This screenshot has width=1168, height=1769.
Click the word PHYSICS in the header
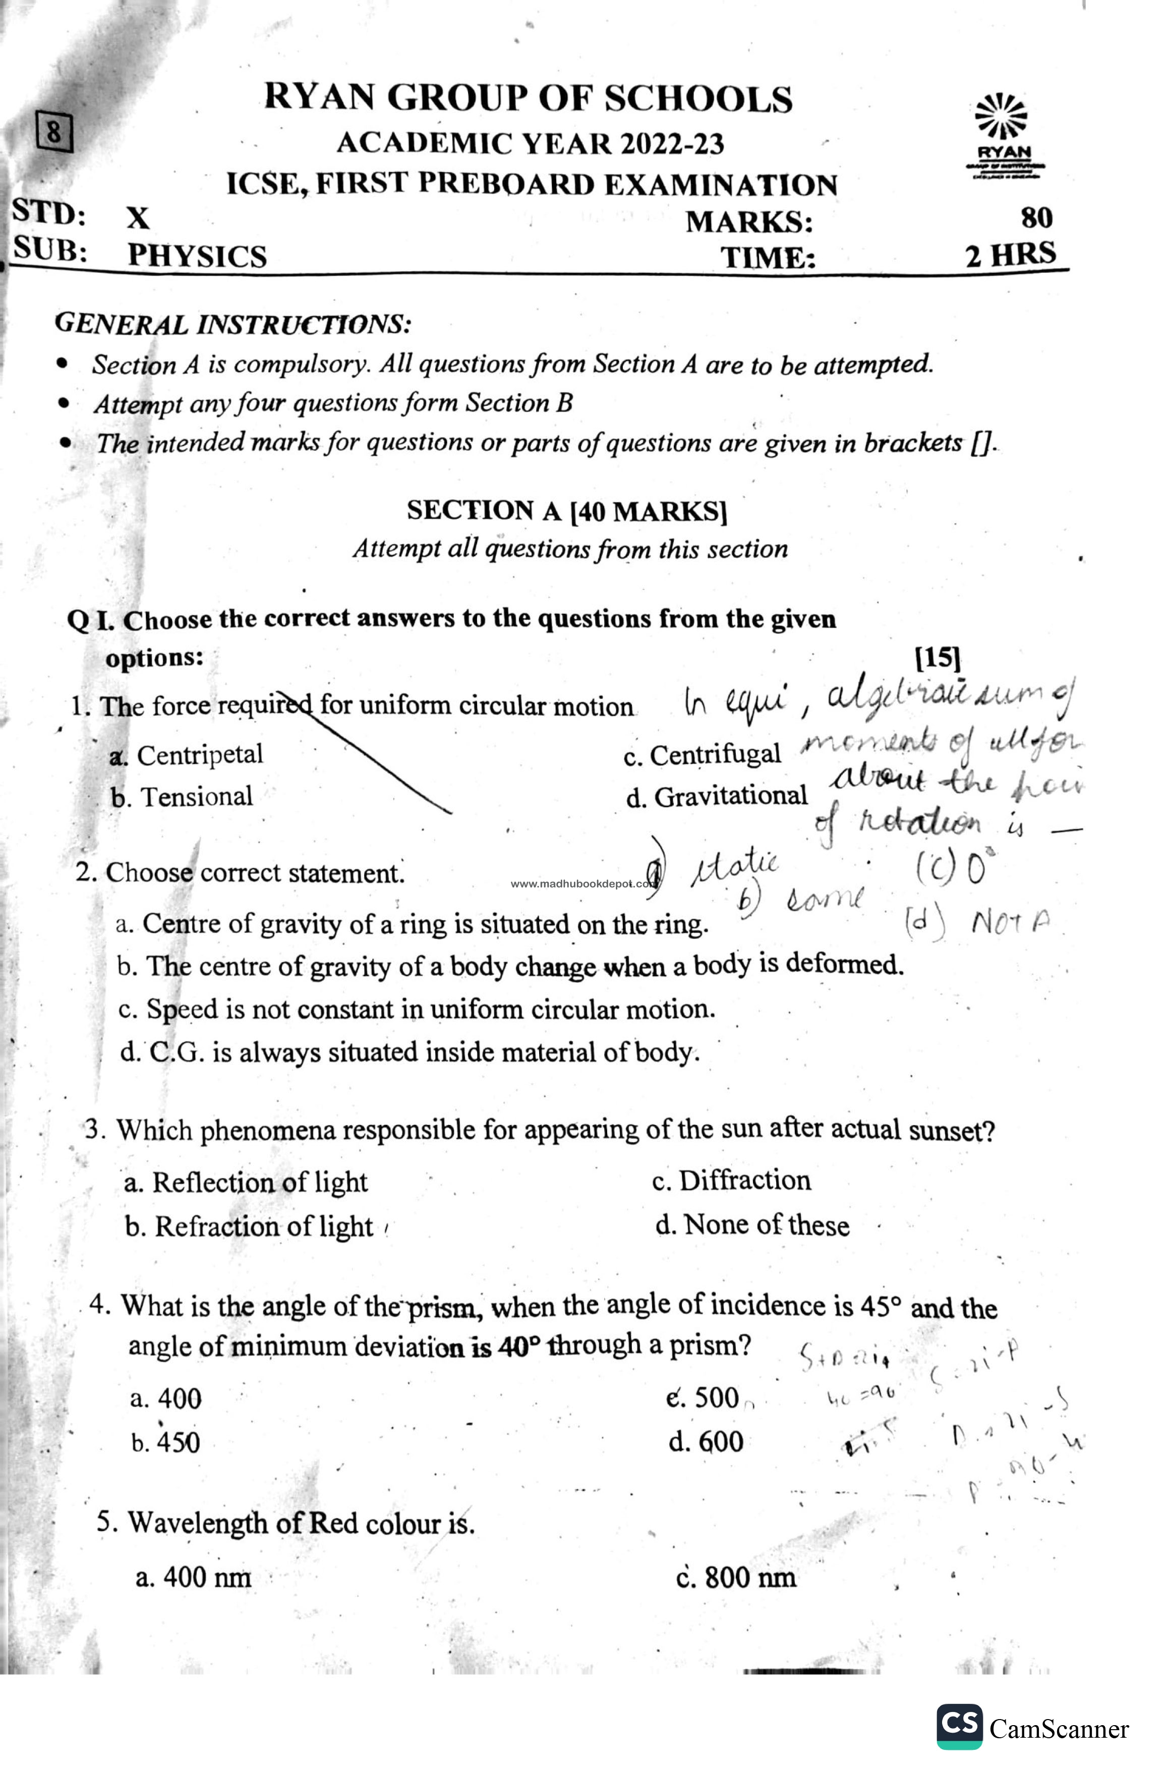click(x=197, y=256)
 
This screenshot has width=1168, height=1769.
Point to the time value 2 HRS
click(x=1010, y=255)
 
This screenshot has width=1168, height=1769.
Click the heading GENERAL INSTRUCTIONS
click(x=232, y=324)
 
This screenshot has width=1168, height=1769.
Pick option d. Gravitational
click(x=717, y=796)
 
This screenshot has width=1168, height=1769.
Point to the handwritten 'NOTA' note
click(x=1010, y=924)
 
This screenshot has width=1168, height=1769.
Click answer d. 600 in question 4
click(x=706, y=1442)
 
